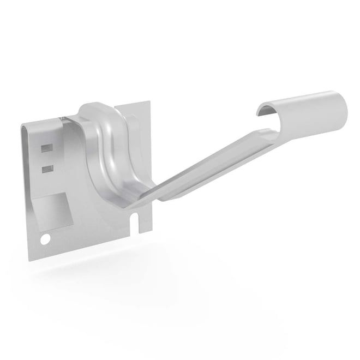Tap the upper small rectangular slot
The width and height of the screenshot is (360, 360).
[47, 148]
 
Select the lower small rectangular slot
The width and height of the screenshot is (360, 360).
[47, 169]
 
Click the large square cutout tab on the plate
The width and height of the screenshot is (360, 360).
[55, 210]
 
